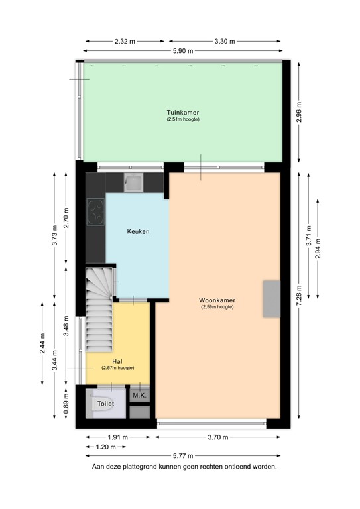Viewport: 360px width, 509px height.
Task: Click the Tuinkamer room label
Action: pos(182,112)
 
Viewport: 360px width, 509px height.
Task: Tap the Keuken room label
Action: pos(138,231)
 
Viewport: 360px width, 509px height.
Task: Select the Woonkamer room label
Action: pos(217,300)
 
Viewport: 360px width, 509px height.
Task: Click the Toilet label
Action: pos(105,403)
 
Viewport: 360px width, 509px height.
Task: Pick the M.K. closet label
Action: pos(139,396)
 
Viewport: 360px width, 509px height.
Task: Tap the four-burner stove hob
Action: pos(96,213)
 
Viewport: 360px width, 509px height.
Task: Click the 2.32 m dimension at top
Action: pos(125,41)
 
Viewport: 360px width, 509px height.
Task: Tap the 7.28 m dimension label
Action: pos(299,292)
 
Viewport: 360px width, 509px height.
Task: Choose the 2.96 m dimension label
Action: pos(299,110)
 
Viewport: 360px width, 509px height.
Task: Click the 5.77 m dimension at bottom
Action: pos(181,456)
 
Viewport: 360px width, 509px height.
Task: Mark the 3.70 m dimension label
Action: pos(217,437)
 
